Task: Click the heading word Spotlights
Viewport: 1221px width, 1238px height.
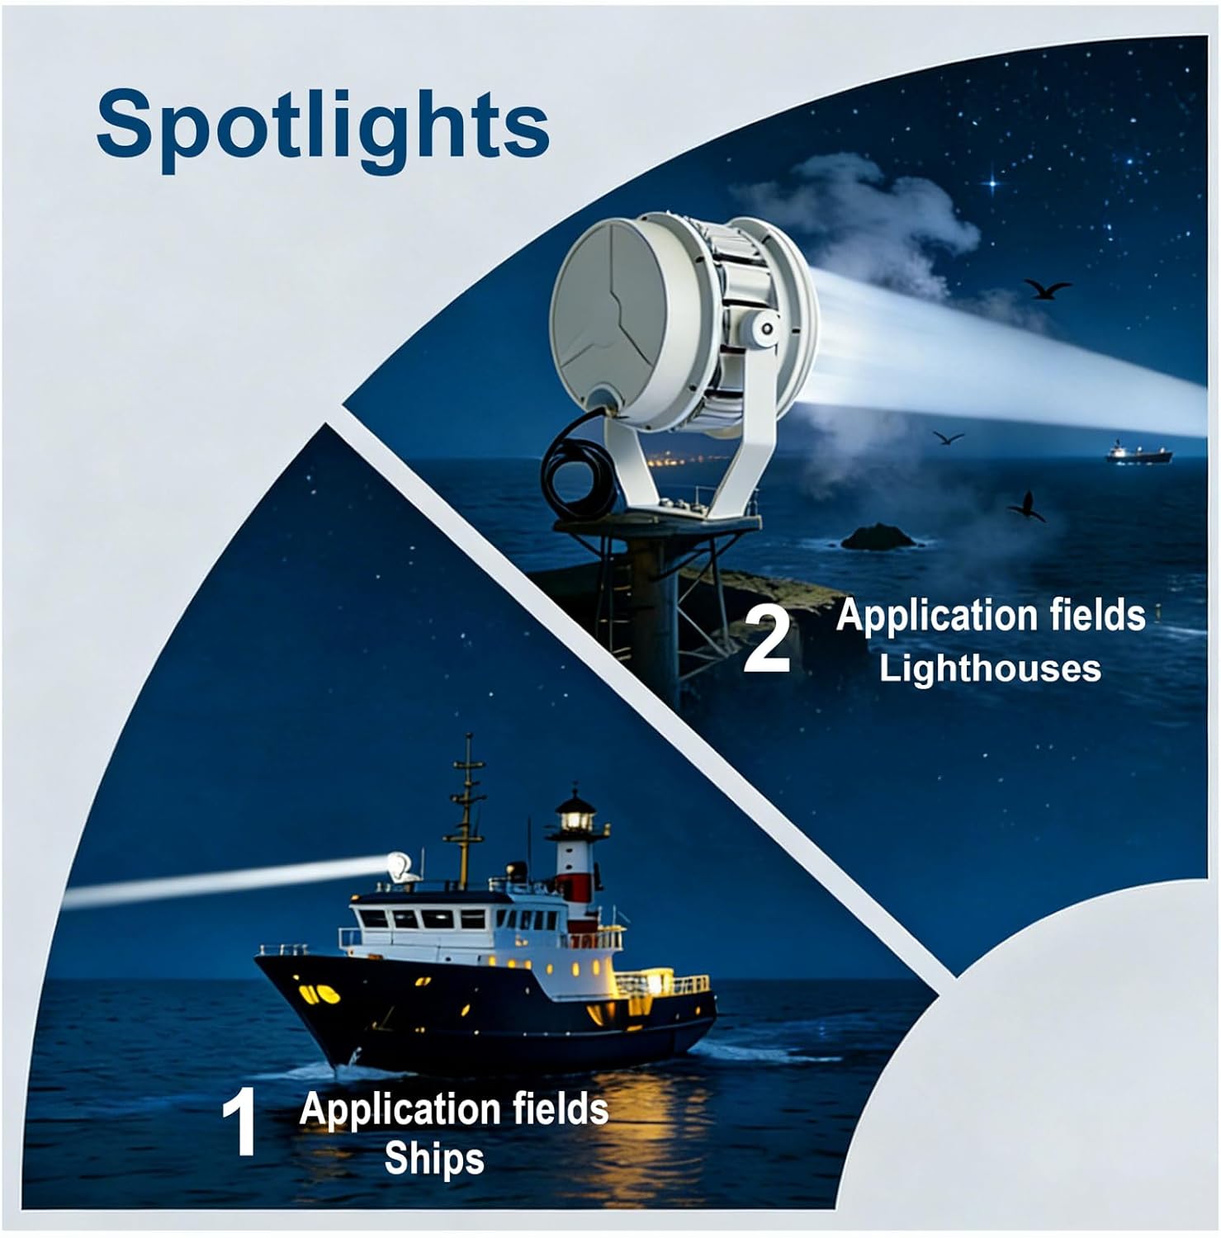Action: pos(323,125)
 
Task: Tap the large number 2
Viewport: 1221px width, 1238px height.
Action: pos(767,640)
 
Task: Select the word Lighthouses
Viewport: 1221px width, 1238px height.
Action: pos(989,668)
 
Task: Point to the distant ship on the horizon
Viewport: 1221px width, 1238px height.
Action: pos(1140,453)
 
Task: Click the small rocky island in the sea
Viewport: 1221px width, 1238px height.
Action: pos(878,538)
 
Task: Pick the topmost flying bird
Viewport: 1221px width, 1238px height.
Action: pos(1047,288)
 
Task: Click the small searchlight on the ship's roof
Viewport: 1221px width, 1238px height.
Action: pos(399,867)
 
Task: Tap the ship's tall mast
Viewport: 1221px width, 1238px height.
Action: pos(467,809)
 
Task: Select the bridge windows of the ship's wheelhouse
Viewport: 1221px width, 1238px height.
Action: pos(421,919)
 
